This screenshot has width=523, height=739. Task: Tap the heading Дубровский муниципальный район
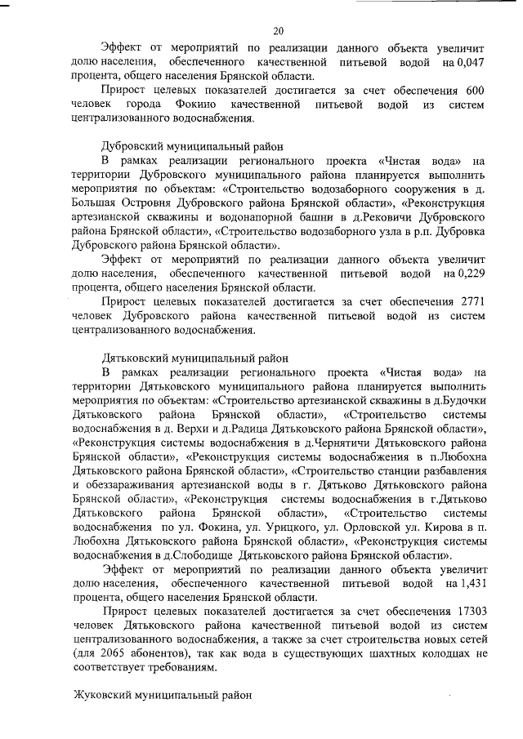coord(192,147)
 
